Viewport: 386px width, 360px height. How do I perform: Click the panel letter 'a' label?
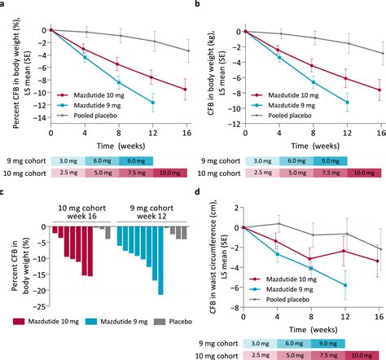(5, 5)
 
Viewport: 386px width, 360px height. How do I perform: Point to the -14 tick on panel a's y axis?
(41, 116)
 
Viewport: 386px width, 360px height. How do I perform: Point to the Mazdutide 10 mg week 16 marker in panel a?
(186, 89)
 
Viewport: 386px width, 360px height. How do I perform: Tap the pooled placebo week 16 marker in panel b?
(380, 53)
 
